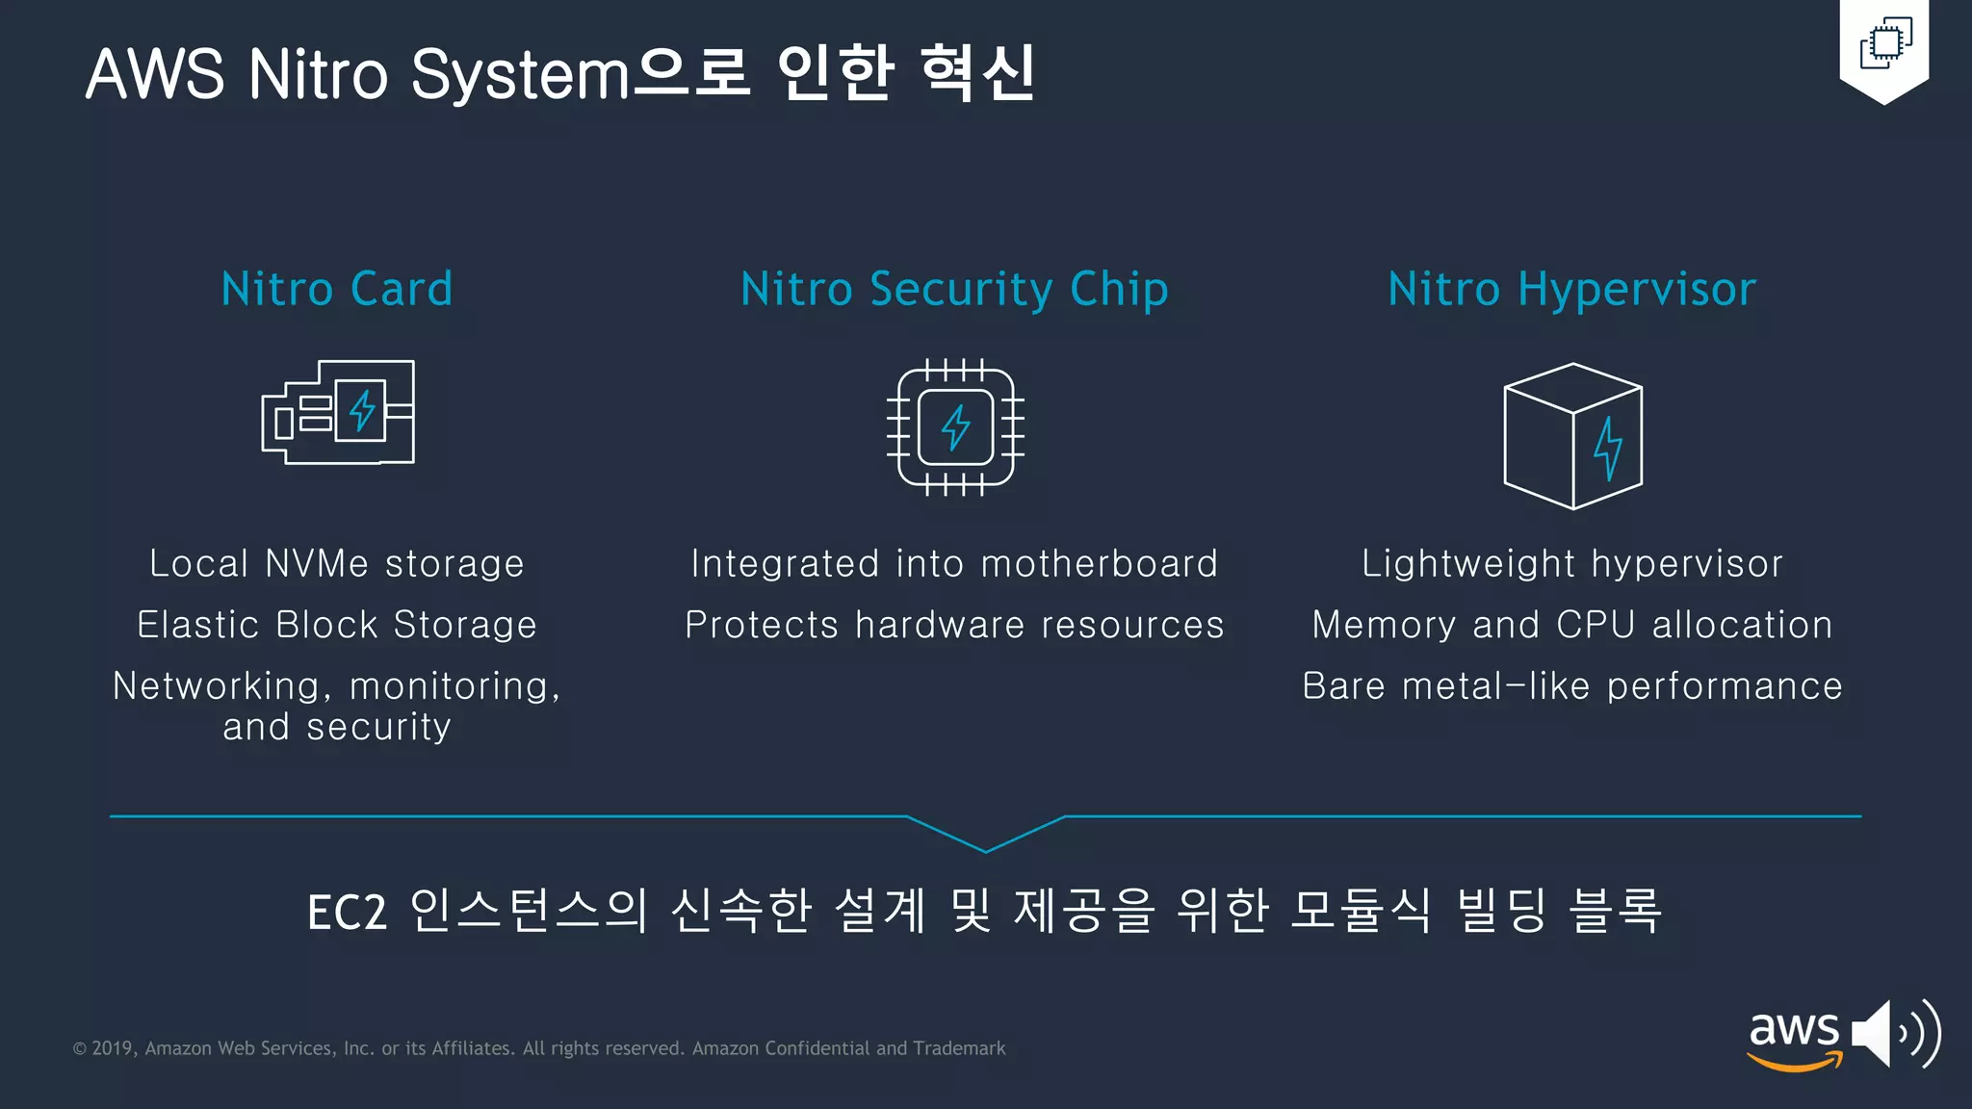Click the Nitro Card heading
pos(337,289)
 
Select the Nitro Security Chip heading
pos(954,289)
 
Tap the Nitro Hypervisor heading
pos(1571,289)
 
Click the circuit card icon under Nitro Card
pos(338,412)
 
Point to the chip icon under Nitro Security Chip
pos(955,426)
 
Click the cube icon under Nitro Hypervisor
pos(1572,435)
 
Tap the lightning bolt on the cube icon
pos(1607,448)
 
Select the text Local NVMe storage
pos(337,563)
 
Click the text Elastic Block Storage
pos(337,625)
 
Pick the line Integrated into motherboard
pos(954,563)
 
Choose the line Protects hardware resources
pos(954,625)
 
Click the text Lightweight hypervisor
pos(1571,563)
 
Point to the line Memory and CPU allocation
pos(1571,625)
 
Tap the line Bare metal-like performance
pos(1571,686)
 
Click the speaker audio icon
pos(1895,1034)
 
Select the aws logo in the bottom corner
pos(1794,1038)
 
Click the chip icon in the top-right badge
pos(1885,43)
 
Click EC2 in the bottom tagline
pos(347,912)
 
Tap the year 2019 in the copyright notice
pos(112,1048)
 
